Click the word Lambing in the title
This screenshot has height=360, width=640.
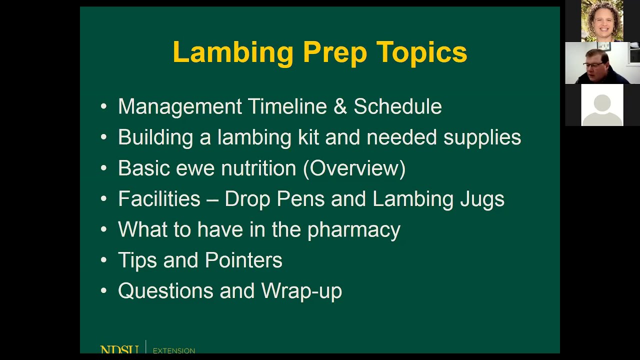coord(233,52)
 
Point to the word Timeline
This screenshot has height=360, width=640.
coord(287,106)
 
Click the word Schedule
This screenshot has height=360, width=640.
coord(397,106)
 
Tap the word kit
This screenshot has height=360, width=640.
coord(308,137)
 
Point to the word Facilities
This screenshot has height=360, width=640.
coord(159,199)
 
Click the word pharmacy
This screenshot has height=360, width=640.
coord(353,230)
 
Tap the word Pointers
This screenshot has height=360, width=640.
coord(243,260)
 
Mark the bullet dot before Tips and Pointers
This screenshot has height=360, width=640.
coord(103,260)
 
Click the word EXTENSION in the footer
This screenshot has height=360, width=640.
coord(174,350)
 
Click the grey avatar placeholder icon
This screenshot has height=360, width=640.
coord(602,105)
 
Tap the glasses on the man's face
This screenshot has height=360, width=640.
coord(593,64)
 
